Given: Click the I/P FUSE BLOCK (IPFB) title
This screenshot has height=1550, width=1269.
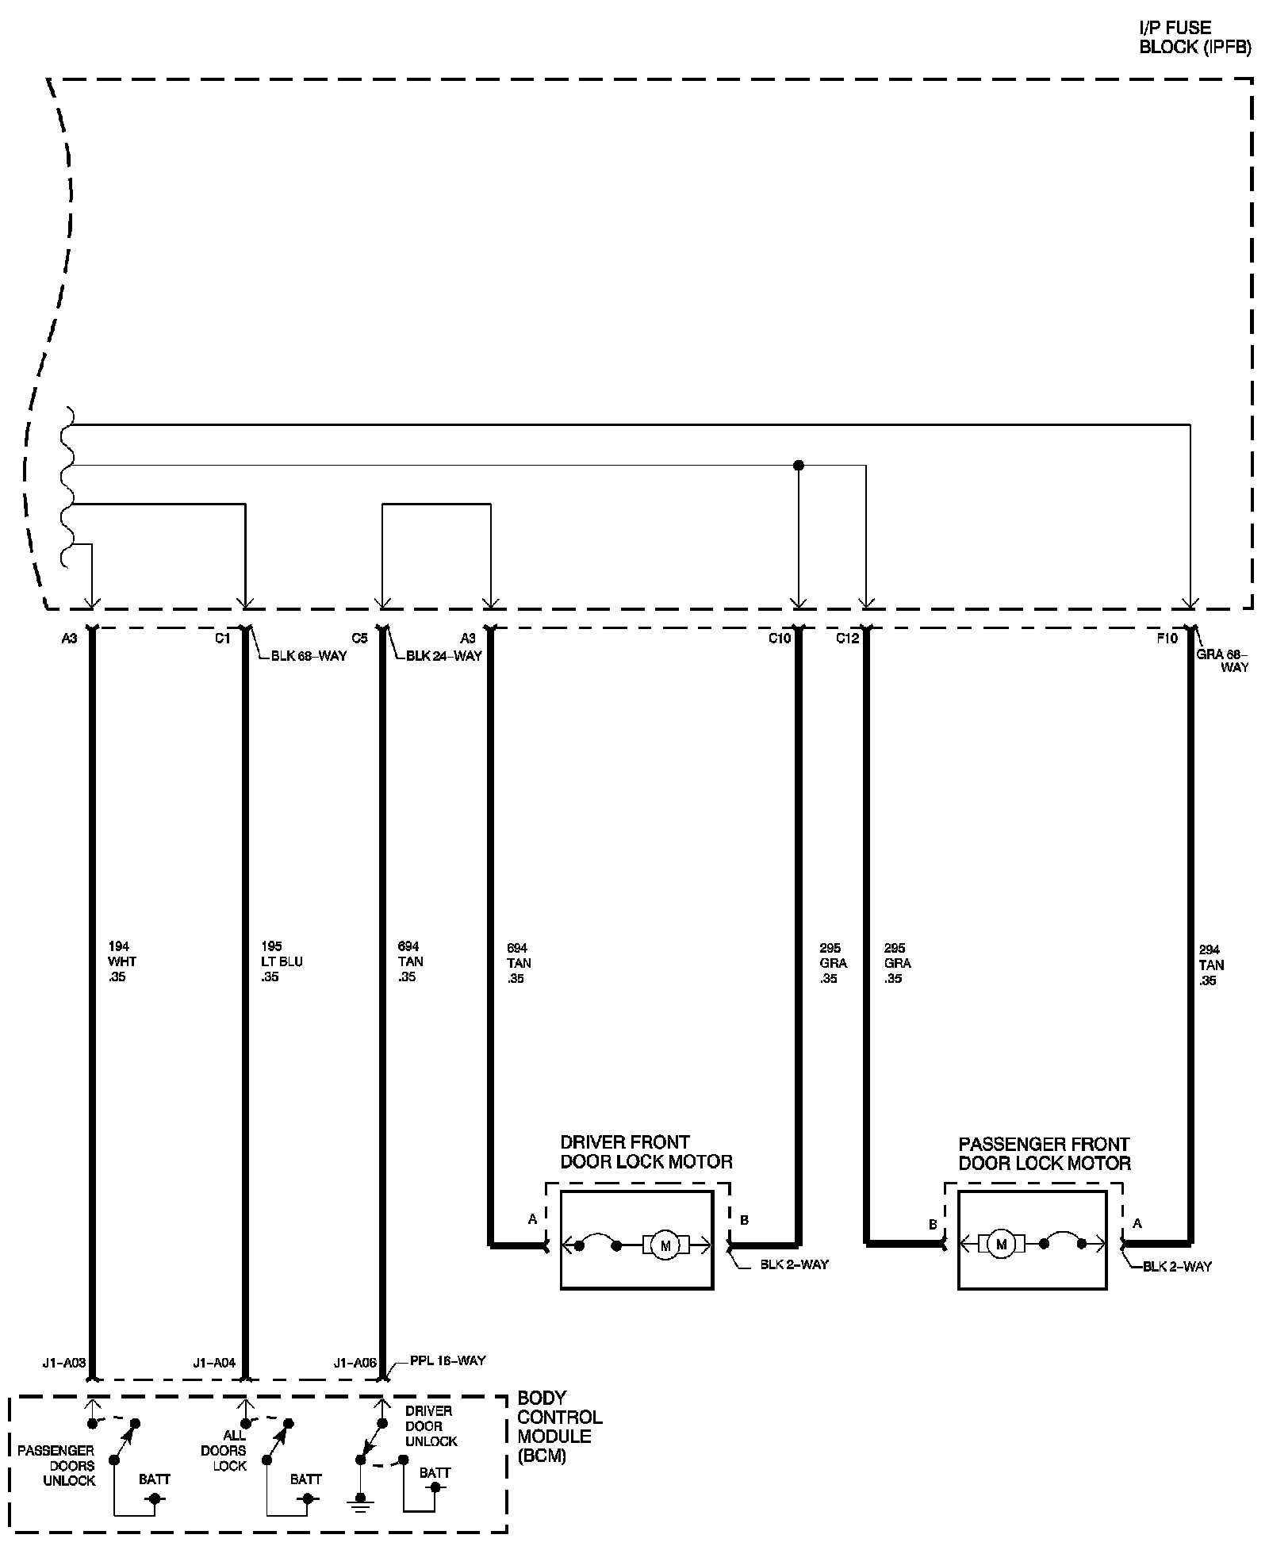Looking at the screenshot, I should click(1194, 37).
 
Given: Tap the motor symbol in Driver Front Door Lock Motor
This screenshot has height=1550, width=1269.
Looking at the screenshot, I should click(665, 1245).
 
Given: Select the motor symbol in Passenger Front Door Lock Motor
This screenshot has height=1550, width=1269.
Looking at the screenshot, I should click(1001, 1245).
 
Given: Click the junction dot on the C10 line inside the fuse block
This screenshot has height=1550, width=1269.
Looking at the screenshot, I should click(799, 466).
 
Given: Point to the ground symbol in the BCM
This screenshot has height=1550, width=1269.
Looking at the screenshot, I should click(361, 1502).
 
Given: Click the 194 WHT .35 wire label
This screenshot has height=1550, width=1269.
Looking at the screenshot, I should click(121, 961).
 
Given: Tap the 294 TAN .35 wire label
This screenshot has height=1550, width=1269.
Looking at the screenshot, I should click(1210, 965).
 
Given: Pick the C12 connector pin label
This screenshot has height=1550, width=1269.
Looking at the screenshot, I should click(847, 639).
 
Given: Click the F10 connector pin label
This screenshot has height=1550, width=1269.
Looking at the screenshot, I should click(1167, 638).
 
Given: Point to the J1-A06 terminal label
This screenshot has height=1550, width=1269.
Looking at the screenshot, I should click(355, 1364).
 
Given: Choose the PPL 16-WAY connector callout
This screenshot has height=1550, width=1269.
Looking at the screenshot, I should click(447, 1360).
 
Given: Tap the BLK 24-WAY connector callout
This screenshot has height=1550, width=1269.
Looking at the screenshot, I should click(443, 656).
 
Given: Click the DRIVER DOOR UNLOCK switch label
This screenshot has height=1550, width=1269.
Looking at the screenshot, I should click(431, 1425).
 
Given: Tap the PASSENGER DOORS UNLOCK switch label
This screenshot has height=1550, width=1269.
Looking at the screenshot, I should click(56, 1465).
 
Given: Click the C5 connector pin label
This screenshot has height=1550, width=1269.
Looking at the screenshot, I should click(359, 638).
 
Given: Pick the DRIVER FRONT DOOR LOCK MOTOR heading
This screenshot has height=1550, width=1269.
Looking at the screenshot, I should click(646, 1152).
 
